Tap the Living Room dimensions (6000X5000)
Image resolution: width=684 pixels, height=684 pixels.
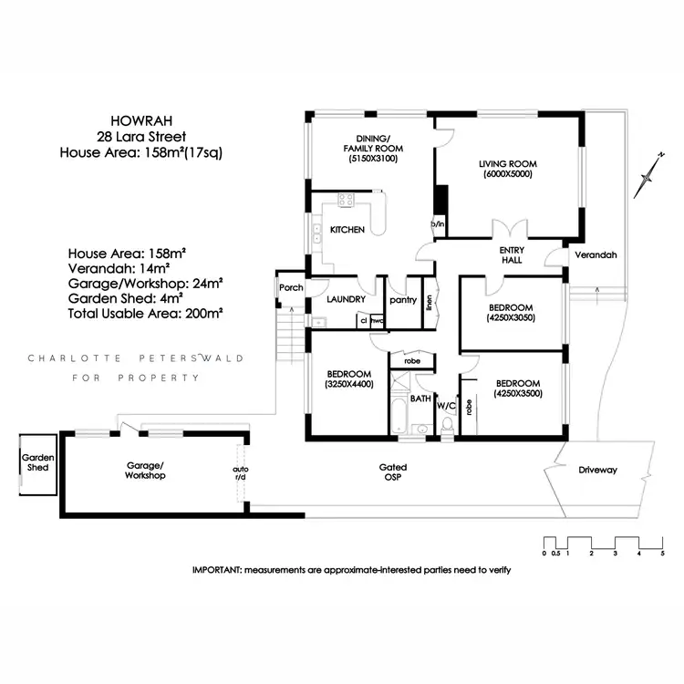pos(508,176)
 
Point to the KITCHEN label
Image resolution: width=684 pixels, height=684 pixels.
pos(347,230)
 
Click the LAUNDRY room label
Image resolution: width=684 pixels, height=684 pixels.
pos(346,298)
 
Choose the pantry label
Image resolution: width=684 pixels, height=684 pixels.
pos(402,298)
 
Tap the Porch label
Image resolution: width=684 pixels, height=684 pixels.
pos(291,287)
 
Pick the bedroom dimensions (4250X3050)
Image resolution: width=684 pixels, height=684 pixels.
pos(511,318)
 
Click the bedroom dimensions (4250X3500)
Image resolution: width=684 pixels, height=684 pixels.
pos(517,395)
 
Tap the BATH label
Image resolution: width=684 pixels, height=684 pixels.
pos(420,399)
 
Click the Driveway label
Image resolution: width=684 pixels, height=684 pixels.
pos(597,471)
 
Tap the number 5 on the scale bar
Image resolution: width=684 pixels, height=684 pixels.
pos(662,553)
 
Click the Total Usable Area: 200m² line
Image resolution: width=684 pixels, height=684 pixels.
pos(146,312)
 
